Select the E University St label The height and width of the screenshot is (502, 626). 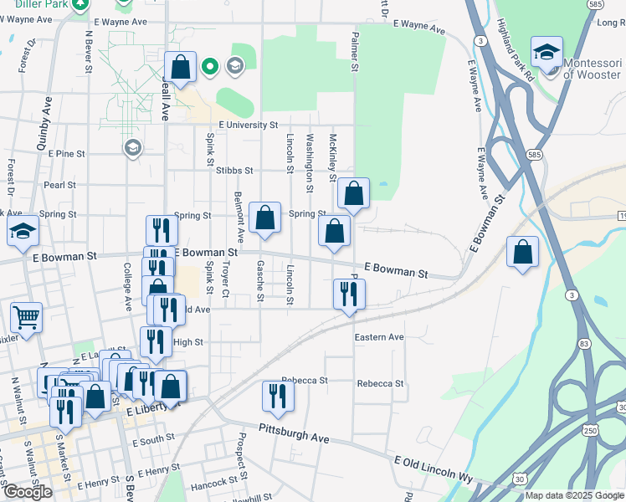tap(248, 125)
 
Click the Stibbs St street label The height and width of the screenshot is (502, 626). tap(234, 170)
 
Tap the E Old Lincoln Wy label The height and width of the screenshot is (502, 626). tap(434, 466)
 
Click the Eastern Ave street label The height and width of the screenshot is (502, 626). tap(379, 337)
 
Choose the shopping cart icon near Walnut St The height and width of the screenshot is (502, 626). tap(26, 316)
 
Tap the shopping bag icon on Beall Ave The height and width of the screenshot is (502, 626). tap(181, 66)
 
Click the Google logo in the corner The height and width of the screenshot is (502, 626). tap(28, 492)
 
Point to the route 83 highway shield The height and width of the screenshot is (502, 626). tap(583, 344)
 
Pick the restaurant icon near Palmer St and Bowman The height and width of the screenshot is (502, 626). tap(349, 294)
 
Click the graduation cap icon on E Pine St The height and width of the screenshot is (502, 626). tap(131, 148)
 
